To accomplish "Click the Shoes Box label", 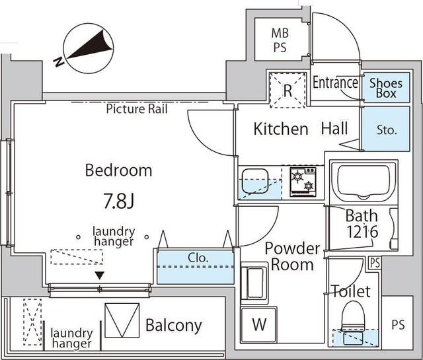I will pos(386,88).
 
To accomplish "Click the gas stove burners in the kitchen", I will pos(303,181).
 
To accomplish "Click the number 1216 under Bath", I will pos(361,232).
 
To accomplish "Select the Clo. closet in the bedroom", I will pos(195,266).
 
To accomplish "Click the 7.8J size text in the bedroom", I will pos(119,200).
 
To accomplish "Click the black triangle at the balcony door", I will pos(100,275).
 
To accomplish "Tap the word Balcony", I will pos(173,325).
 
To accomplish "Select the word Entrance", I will pos(335,83).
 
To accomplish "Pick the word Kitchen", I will pos(281,129).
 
